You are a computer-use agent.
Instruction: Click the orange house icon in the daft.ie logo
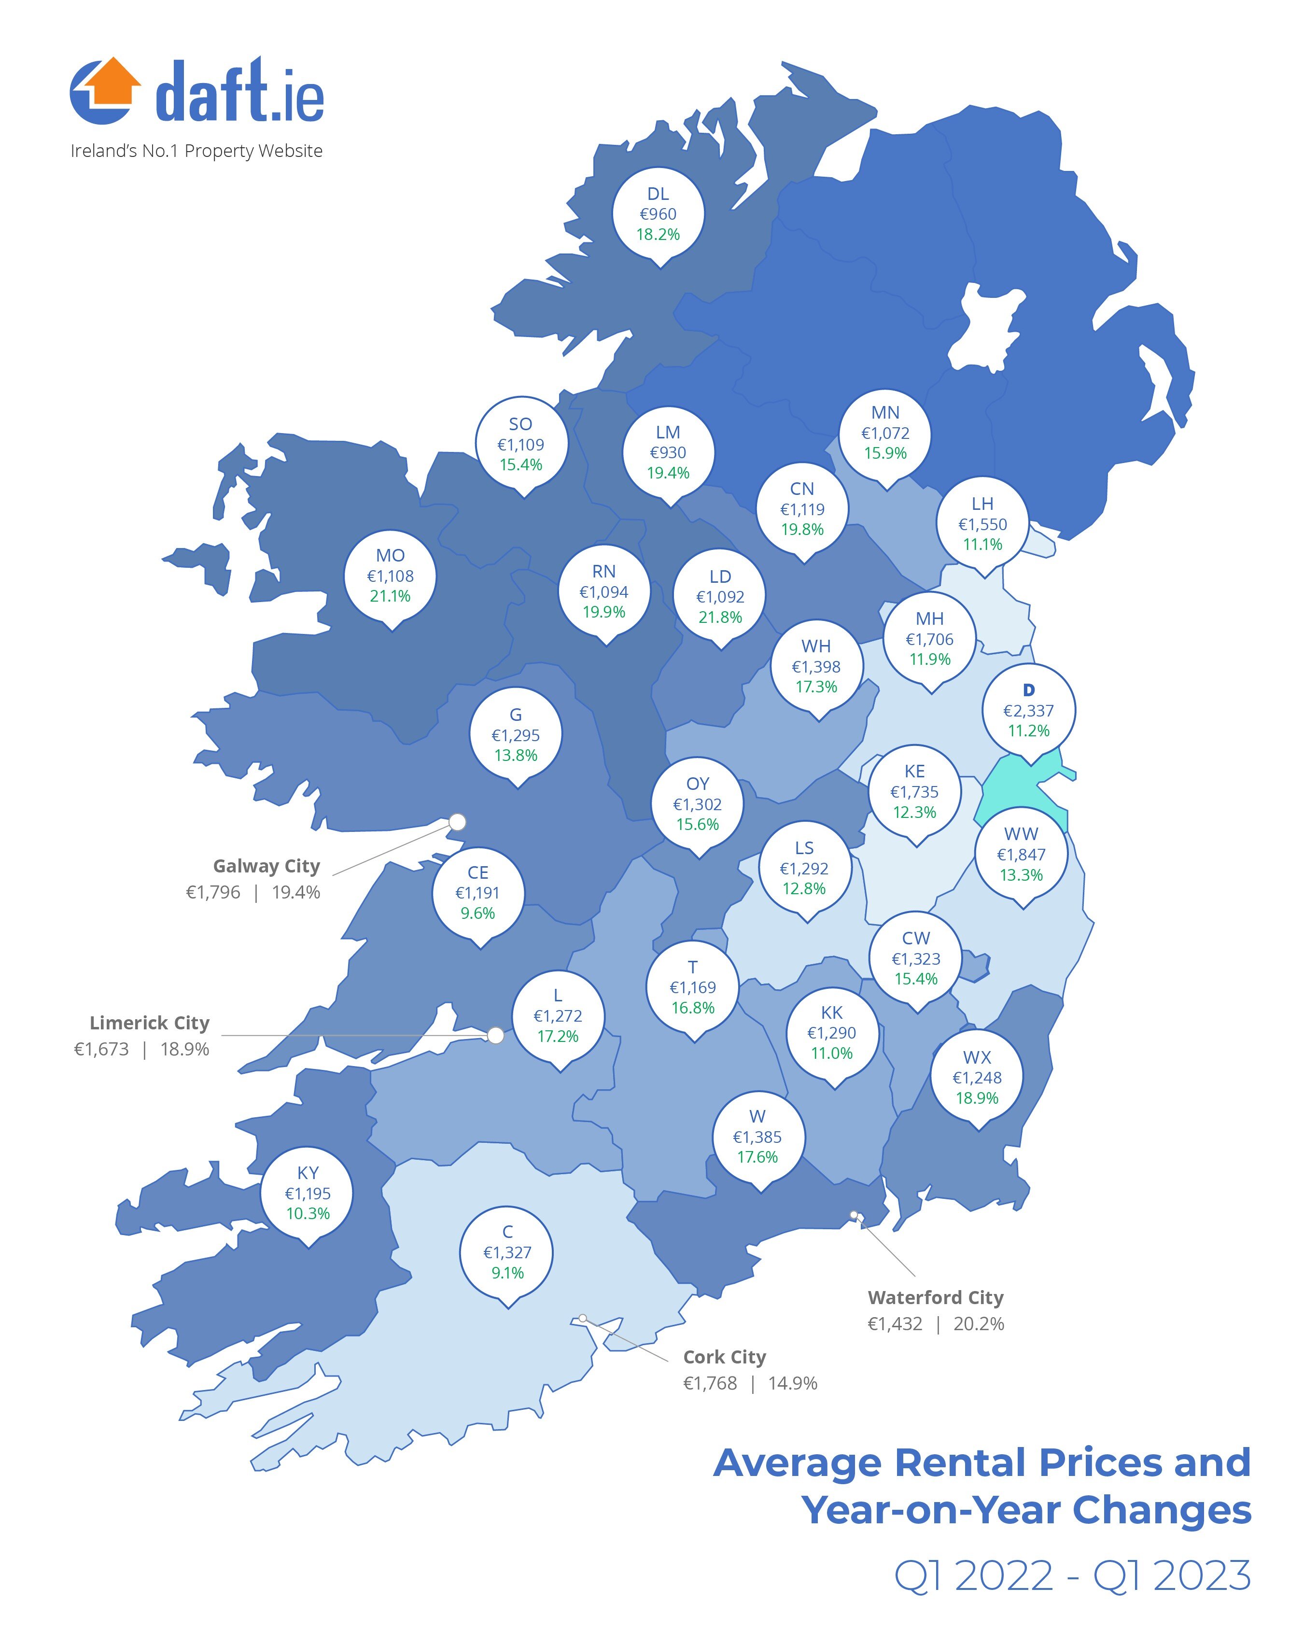point(112,81)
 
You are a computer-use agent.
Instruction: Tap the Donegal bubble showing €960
point(658,214)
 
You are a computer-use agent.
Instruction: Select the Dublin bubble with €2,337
point(1028,711)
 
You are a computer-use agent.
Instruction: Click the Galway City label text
point(266,866)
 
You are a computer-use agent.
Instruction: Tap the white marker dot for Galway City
point(458,822)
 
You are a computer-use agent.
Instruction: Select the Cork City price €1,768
point(710,1383)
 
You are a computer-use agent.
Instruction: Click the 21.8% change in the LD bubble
point(720,618)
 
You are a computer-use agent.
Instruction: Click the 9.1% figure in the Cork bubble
point(507,1273)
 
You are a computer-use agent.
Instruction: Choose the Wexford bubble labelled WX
point(977,1078)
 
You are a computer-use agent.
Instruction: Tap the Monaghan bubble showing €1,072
point(884,433)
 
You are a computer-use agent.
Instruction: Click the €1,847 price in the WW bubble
point(1021,855)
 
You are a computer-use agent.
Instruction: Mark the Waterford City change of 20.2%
point(979,1324)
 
